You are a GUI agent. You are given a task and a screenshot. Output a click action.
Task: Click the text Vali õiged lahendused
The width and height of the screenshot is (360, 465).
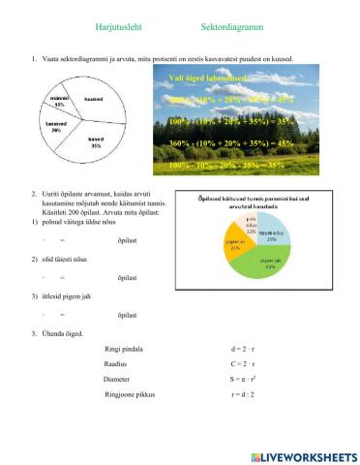pos(208,77)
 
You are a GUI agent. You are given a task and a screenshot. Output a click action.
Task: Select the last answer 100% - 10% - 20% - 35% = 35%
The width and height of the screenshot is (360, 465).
pos(230,166)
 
